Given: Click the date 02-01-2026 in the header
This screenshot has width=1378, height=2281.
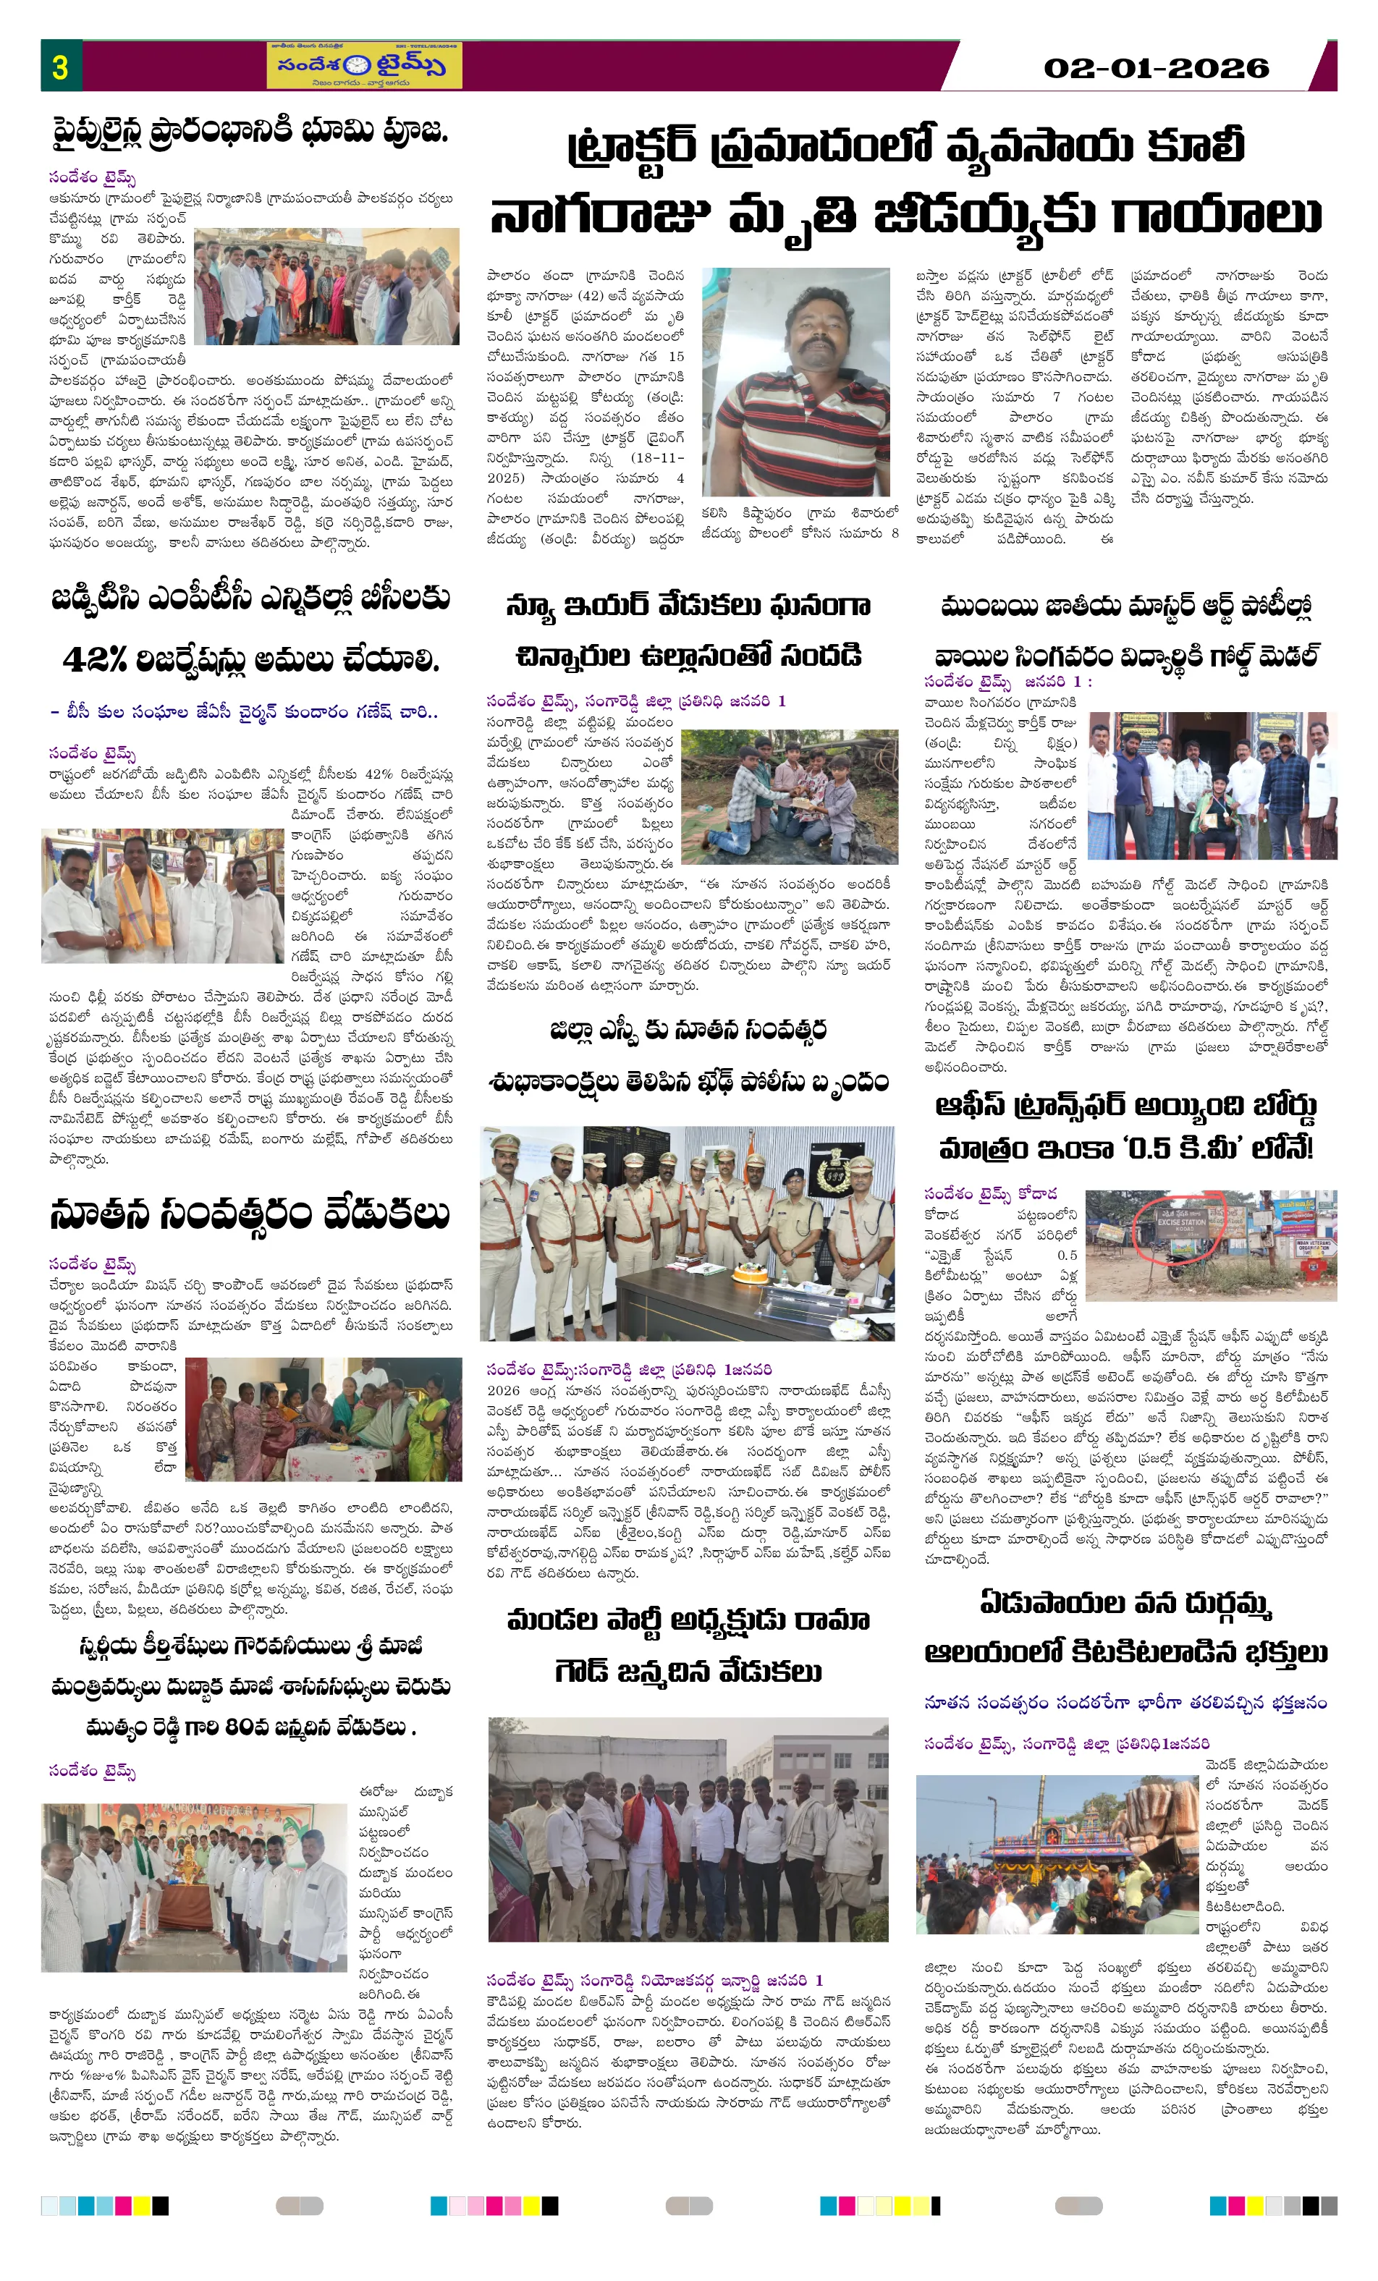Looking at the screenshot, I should pyautogui.click(x=1155, y=67).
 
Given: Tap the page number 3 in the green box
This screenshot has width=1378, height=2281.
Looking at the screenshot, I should pyautogui.click(x=60, y=67).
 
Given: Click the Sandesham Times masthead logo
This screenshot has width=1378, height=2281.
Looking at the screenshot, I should pyautogui.click(x=364, y=66).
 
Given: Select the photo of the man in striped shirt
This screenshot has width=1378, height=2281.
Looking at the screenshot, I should pyautogui.click(x=795, y=381).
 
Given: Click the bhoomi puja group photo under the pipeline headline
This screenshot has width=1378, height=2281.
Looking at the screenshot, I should pyautogui.click(x=326, y=287).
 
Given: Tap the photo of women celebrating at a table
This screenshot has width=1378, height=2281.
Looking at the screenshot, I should pyautogui.click(x=324, y=1419).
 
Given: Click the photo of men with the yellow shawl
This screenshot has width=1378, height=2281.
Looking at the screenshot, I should pyautogui.click(x=162, y=895).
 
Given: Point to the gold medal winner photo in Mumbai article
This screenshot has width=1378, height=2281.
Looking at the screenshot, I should pyautogui.click(x=1212, y=786).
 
